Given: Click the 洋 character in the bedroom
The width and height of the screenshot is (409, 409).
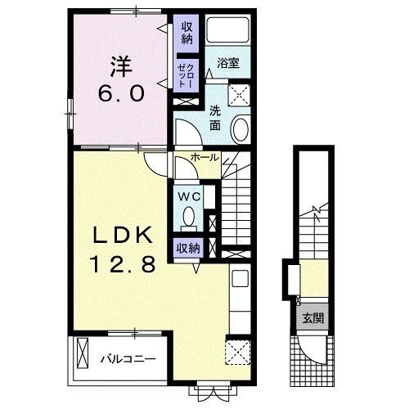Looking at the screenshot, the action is (x=121, y=66).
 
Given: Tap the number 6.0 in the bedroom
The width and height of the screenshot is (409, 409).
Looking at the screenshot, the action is (x=121, y=93).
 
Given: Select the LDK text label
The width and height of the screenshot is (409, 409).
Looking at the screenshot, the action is (x=123, y=235).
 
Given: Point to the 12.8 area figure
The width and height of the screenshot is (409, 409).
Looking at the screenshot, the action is (x=123, y=263).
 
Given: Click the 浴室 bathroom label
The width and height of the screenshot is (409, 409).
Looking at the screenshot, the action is (x=228, y=63).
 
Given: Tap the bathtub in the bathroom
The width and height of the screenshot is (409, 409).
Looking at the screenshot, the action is (x=227, y=29).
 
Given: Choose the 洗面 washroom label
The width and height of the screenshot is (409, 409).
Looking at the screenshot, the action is (x=215, y=118).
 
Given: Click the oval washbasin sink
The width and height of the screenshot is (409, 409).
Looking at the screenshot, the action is (x=240, y=128).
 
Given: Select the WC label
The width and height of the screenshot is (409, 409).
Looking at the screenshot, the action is (x=189, y=196).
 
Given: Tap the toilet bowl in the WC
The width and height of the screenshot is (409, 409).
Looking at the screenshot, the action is (x=189, y=216).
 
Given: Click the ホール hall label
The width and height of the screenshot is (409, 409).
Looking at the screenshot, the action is (x=204, y=157).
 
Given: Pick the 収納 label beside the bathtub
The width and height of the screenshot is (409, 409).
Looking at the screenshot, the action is (x=187, y=34).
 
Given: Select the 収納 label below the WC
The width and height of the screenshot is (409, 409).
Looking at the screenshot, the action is (x=188, y=248).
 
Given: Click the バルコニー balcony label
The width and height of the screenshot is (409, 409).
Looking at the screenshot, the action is (x=128, y=358).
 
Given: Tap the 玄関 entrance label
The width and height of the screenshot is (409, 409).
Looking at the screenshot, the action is (x=313, y=318).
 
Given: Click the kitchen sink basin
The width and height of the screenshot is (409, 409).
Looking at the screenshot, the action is (x=240, y=278).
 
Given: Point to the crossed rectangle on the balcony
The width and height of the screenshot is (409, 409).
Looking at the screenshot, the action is (x=83, y=353).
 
